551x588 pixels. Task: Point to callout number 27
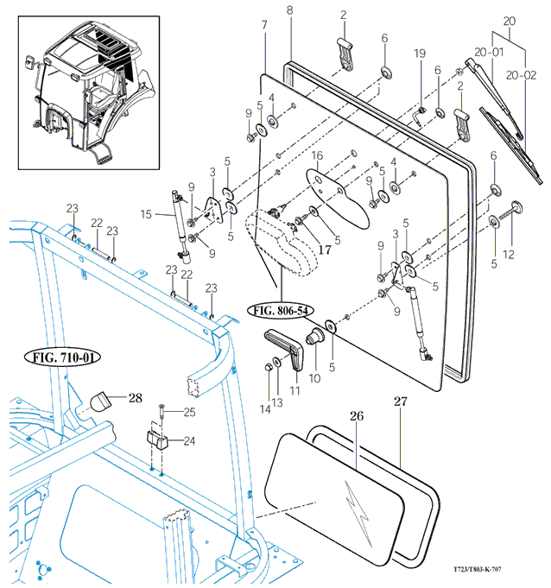pos(399,401)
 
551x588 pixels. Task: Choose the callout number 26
pos(357,416)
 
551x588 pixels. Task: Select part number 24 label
pos(189,440)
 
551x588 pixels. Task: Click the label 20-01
pos(491,51)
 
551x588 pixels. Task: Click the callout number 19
pos(421,54)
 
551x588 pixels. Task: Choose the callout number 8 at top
pos(290,9)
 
